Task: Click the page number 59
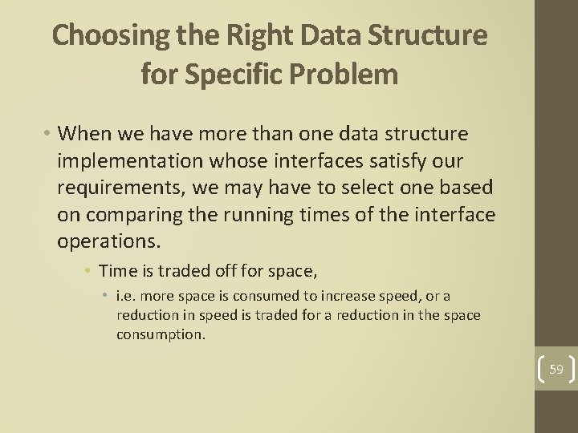[556, 369]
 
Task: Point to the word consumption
[161, 334]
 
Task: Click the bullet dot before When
[49, 133]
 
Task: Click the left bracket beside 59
[542, 369]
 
